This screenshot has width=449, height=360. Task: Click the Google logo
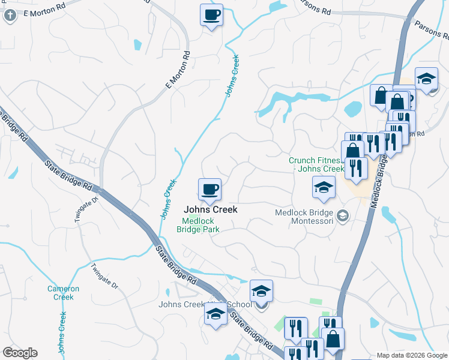[x=20, y=353]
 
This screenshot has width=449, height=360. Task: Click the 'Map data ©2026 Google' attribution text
[x=412, y=355]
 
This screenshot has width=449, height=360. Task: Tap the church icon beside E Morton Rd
[x=10, y=16]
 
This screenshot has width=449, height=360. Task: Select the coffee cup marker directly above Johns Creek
[x=210, y=190]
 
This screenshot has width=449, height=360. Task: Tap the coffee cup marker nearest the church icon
[x=211, y=15]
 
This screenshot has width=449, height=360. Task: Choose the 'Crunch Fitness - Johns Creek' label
[x=318, y=164]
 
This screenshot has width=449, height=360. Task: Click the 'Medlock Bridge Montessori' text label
[x=304, y=217]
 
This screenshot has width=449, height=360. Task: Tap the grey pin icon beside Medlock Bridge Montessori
[x=343, y=215]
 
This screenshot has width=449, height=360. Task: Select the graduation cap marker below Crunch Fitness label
[x=324, y=188]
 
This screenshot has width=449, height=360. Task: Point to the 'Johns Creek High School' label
[x=204, y=304]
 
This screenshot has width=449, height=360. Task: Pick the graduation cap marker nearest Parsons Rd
[x=426, y=79]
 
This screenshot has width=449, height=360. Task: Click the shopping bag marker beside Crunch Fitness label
[x=353, y=152]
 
